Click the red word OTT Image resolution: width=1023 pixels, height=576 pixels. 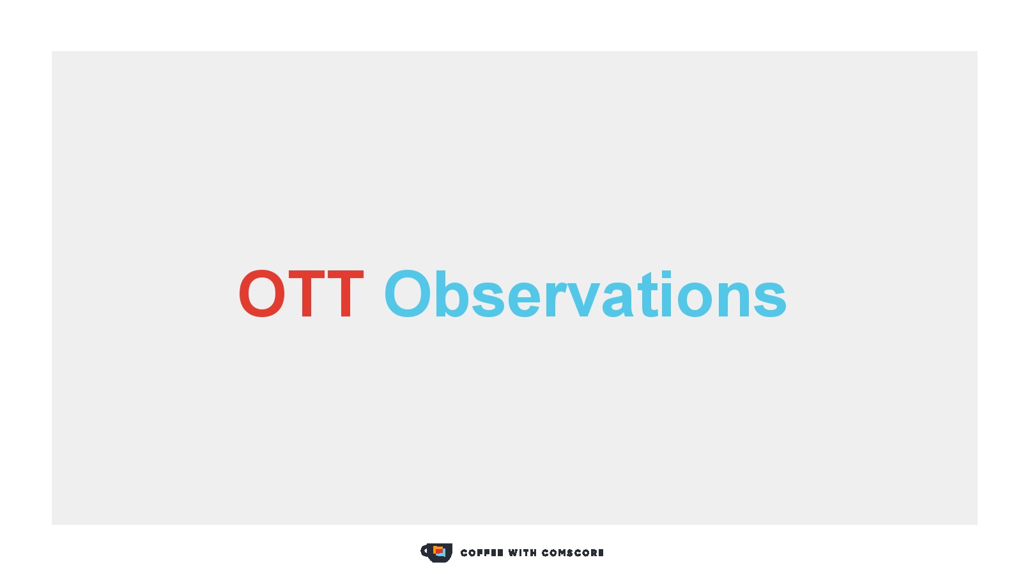pos(301,294)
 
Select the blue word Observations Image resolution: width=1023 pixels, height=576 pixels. pos(585,293)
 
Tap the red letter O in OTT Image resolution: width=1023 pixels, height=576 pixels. pos(262,294)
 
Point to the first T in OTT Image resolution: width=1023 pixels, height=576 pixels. pos(307,294)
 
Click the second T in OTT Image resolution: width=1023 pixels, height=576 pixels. pos(346,294)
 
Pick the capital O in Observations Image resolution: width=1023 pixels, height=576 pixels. pos(408,293)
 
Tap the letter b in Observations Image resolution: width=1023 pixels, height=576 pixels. pos(452,293)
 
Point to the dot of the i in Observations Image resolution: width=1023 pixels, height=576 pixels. pos(666,274)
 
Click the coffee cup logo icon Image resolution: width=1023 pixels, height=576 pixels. pos(436,553)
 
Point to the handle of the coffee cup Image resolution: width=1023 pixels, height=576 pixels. pos(425,551)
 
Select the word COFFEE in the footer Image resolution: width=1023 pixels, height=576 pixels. pos(482,553)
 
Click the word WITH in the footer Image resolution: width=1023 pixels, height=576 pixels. pos(523,553)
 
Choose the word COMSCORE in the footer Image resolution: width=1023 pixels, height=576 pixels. pos(573,553)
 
